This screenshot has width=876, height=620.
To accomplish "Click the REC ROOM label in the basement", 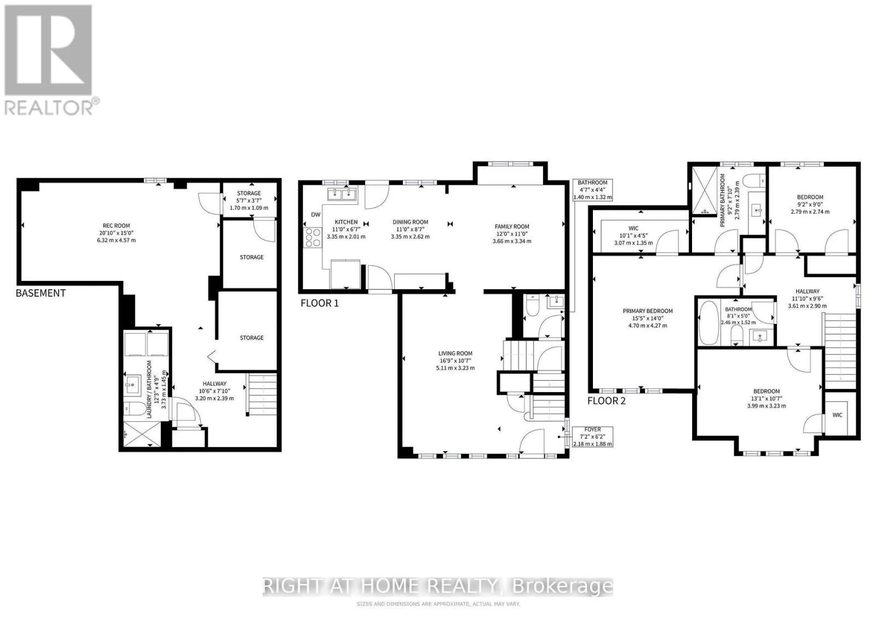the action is (116, 226).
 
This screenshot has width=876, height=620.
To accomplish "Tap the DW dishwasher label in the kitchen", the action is (315, 214).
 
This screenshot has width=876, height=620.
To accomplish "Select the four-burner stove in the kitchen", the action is (313, 238).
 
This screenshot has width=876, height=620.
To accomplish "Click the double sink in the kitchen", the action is (342, 194).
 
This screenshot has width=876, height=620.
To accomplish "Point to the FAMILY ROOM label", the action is (511, 227).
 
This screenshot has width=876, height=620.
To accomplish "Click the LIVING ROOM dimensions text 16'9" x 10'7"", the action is (455, 360).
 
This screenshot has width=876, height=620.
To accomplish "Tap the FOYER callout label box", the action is (592, 437).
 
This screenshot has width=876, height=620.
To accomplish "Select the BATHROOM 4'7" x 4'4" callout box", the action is (592, 190).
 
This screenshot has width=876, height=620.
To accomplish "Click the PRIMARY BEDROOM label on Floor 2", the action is (648, 311).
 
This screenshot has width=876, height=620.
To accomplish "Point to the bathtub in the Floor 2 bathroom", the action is (708, 323).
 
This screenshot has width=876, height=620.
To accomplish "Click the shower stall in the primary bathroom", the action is (705, 191).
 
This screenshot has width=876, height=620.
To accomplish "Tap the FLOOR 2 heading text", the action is (606, 400).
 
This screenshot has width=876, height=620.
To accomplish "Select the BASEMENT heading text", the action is (41, 293).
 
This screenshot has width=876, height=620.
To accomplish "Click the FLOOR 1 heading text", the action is (320, 303).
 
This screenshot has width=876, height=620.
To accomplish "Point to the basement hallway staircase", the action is (262, 394).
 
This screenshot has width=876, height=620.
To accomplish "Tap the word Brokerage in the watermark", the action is (563, 587).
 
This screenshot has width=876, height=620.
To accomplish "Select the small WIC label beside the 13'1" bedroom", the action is (837, 415).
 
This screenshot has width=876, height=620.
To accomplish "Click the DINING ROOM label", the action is (410, 222).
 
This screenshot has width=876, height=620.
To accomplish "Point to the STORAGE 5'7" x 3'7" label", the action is (249, 200).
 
